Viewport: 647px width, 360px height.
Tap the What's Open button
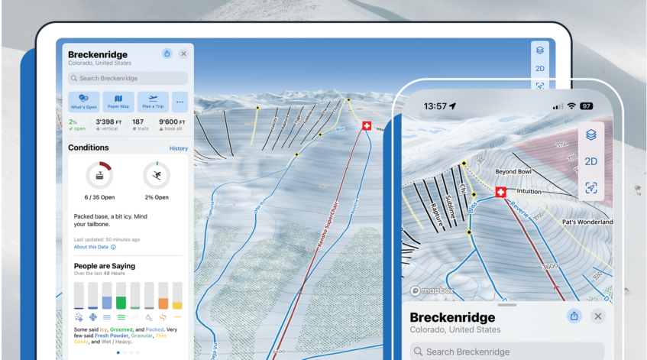click(83, 101)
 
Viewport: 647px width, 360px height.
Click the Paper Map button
click(118, 101)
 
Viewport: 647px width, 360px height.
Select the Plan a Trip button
click(154, 101)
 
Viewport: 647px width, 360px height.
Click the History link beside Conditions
click(178, 148)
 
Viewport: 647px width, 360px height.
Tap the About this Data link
click(91, 247)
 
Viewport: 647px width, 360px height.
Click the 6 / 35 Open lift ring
click(99, 176)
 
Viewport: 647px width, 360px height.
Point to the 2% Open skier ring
click(157, 176)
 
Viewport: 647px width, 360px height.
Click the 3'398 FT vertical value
click(106, 122)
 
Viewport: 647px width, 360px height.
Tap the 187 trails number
click(138, 122)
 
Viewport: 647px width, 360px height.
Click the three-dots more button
click(181, 101)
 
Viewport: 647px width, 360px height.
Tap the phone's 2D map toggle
click(590, 161)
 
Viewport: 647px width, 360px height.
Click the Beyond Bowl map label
click(513, 172)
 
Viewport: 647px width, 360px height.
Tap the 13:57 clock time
click(435, 105)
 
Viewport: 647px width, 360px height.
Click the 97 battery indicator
click(587, 105)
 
